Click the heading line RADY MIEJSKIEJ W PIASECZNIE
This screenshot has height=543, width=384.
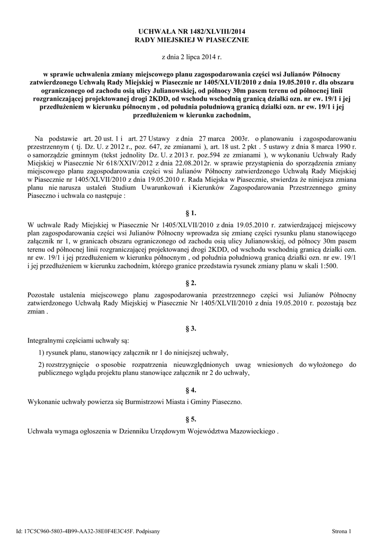(x=192, y=40)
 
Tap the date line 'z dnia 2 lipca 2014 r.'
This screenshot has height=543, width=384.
(x=192, y=56)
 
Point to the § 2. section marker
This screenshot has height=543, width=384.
(x=192, y=282)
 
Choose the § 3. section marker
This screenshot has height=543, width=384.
(x=192, y=328)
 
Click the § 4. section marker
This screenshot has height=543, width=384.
(x=192, y=389)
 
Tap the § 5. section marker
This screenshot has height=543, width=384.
(x=192, y=419)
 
